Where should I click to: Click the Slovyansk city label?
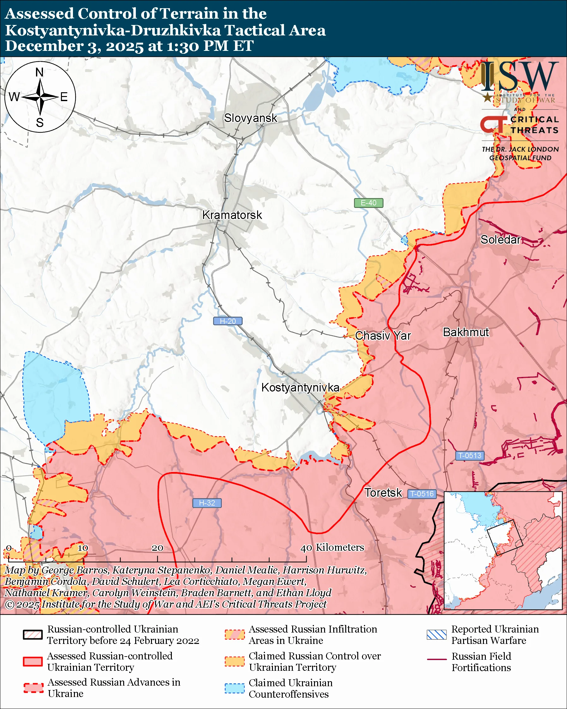250,118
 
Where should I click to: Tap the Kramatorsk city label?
232,215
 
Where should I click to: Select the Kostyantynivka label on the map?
300,387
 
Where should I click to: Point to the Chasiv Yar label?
383,336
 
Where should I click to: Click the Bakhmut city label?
466,332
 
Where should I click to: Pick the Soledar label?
500,240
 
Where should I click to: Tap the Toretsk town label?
383,493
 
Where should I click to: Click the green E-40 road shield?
368,203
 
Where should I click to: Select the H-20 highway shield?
228,321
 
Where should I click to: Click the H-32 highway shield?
207,503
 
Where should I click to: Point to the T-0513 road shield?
469,456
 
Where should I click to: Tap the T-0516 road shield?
422,494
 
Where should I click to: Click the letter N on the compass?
39,72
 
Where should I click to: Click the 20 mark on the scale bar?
157,548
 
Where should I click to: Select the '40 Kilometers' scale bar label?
332,548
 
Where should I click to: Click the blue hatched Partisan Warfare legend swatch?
437,635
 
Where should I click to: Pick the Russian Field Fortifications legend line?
437,660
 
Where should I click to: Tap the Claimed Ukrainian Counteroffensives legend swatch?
234,688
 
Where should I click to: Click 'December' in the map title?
44,46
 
